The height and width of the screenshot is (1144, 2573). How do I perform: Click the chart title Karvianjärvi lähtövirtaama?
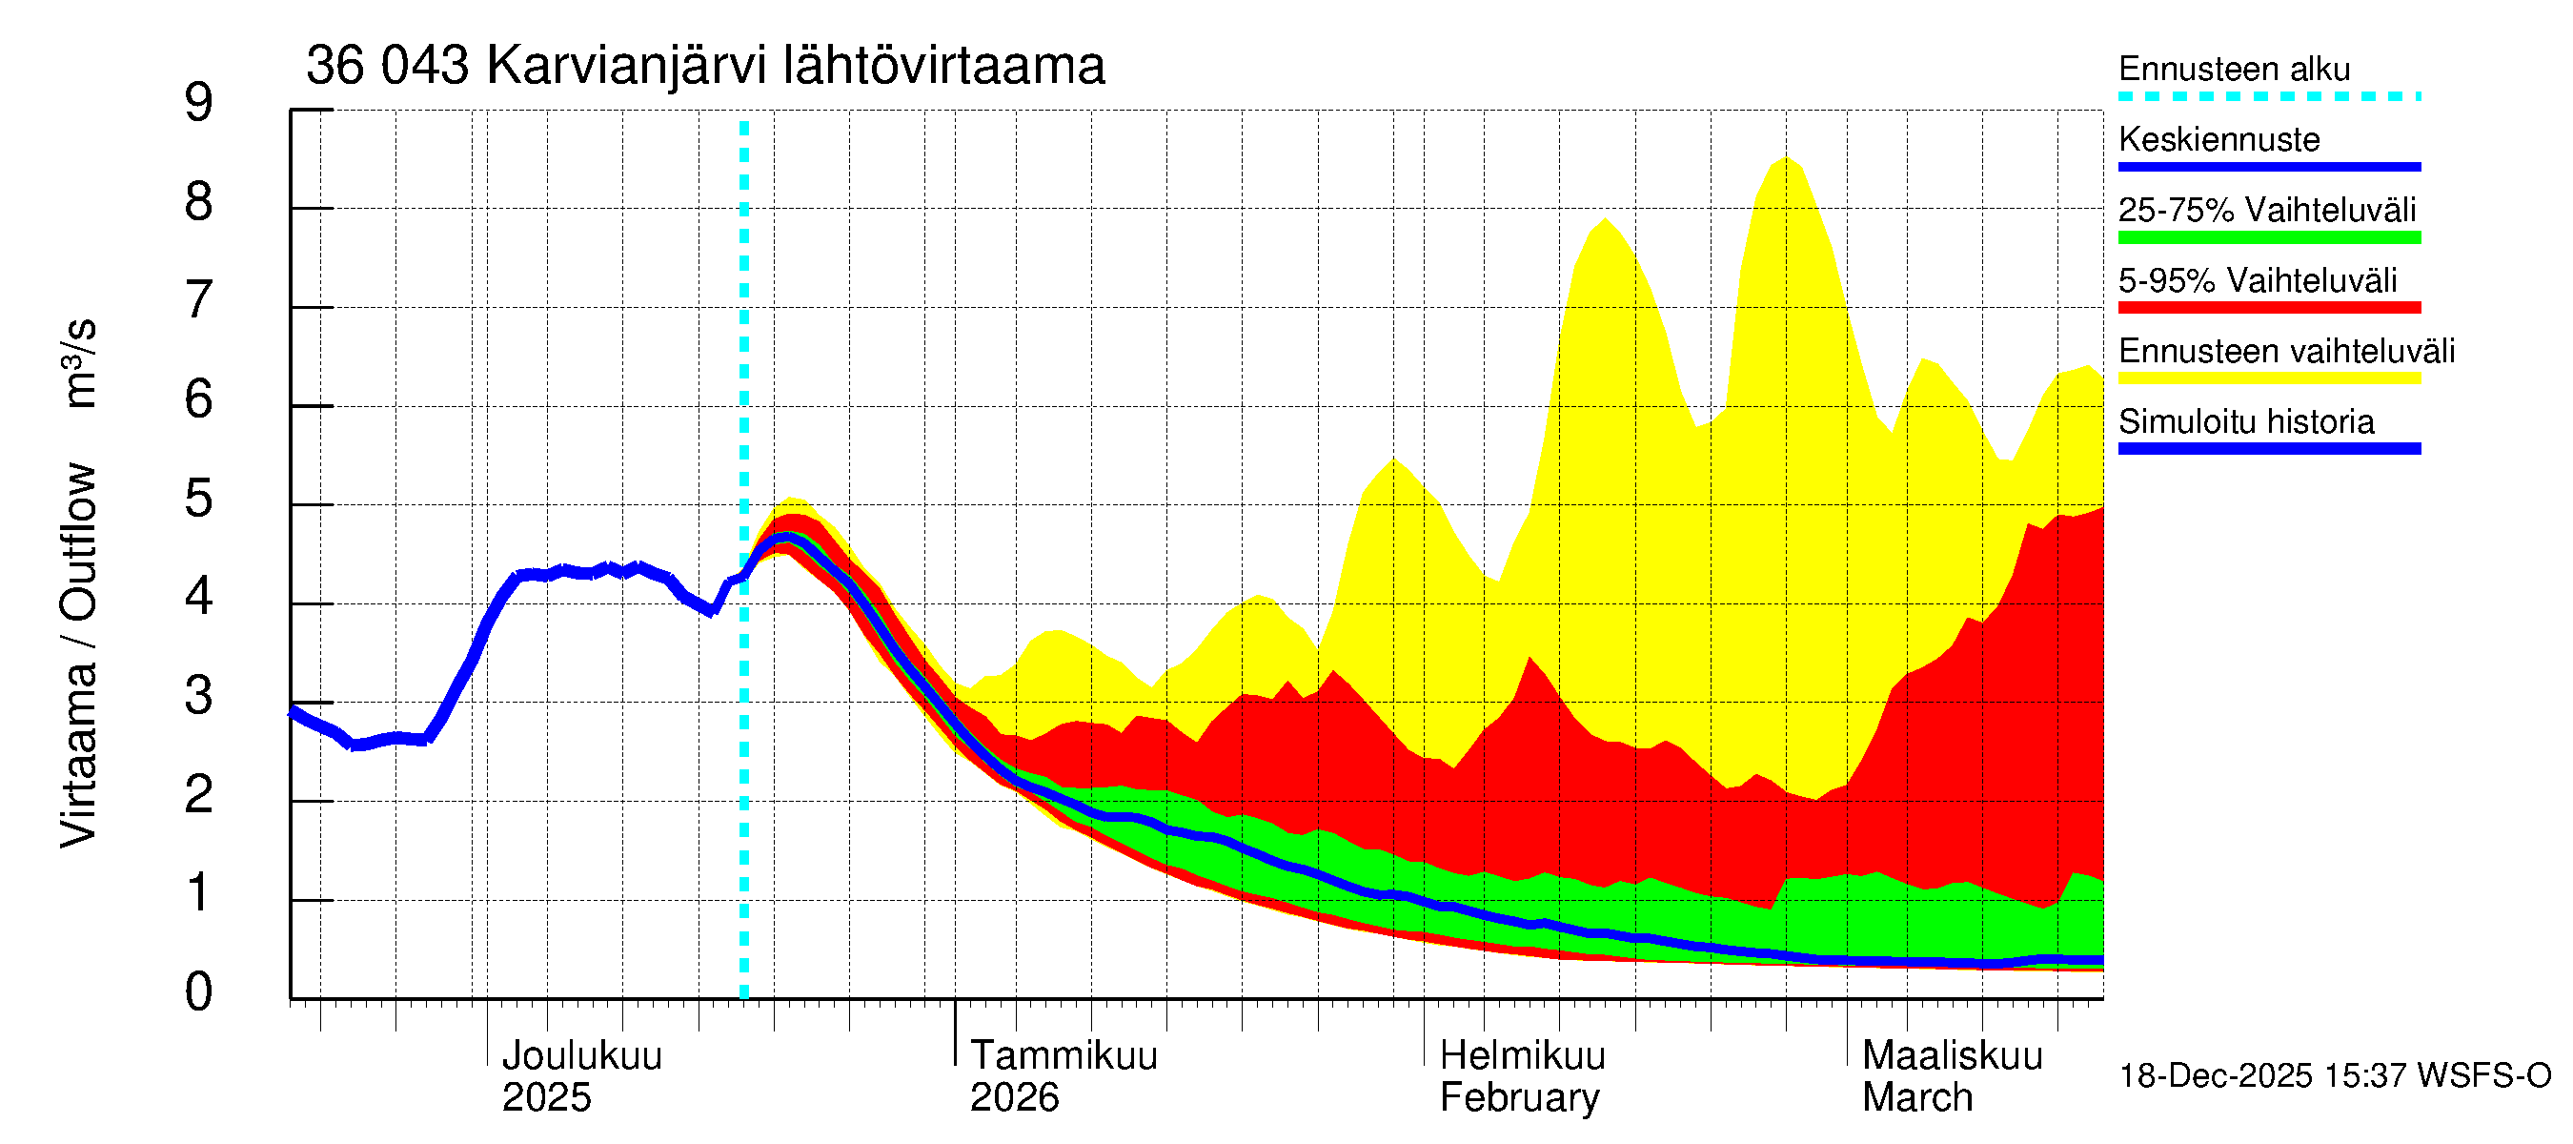[705, 66]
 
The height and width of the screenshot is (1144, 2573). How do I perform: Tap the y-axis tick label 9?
[199, 103]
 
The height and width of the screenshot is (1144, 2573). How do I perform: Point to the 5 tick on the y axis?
[199, 499]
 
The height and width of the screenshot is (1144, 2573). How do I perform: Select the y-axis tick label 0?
[199, 992]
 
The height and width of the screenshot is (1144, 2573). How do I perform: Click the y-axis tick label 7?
[199, 300]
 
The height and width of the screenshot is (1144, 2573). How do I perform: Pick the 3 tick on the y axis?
[199, 696]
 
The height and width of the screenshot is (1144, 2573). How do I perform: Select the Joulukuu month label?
[581, 1056]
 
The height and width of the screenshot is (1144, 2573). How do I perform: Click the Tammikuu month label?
[1064, 1056]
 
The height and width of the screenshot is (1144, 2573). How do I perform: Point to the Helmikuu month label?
[1522, 1056]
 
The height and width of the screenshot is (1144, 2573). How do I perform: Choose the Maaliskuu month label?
[1952, 1056]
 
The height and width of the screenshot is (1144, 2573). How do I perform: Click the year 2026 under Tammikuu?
[1014, 1098]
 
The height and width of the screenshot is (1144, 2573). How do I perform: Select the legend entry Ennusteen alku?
[2234, 70]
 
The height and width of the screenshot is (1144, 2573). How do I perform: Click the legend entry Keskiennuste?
[2218, 140]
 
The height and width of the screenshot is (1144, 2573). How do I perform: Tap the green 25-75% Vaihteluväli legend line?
[2268, 237]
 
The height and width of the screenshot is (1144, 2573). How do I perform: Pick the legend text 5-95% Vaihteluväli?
[2257, 280]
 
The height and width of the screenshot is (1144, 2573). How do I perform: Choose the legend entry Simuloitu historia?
[2245, 422]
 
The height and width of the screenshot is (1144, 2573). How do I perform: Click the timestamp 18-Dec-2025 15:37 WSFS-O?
[2334, 1076]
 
